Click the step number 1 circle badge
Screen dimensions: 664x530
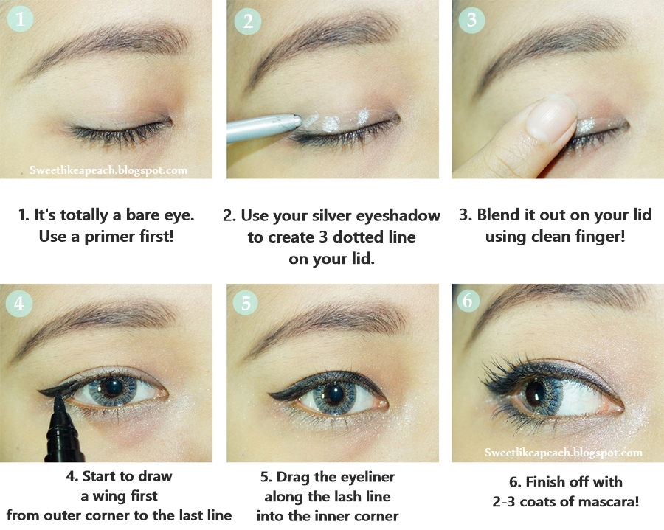(x=21, y=19)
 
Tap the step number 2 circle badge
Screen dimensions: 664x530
(x=248, y=21)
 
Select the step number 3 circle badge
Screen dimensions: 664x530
(x=471, y=20)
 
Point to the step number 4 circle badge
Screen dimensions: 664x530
(x=19, y=303)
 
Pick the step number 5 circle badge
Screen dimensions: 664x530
(x=246, y=302)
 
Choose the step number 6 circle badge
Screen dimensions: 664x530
(x=468, y=300)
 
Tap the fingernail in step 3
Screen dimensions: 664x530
(x=551, y=116)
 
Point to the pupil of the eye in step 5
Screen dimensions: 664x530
(x=335, y=394)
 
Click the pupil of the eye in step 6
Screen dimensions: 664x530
(x=535, y=393)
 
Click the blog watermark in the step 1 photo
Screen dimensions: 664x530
(x=108, y=170)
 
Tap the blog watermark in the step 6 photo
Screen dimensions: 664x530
(x=563, y=453)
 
